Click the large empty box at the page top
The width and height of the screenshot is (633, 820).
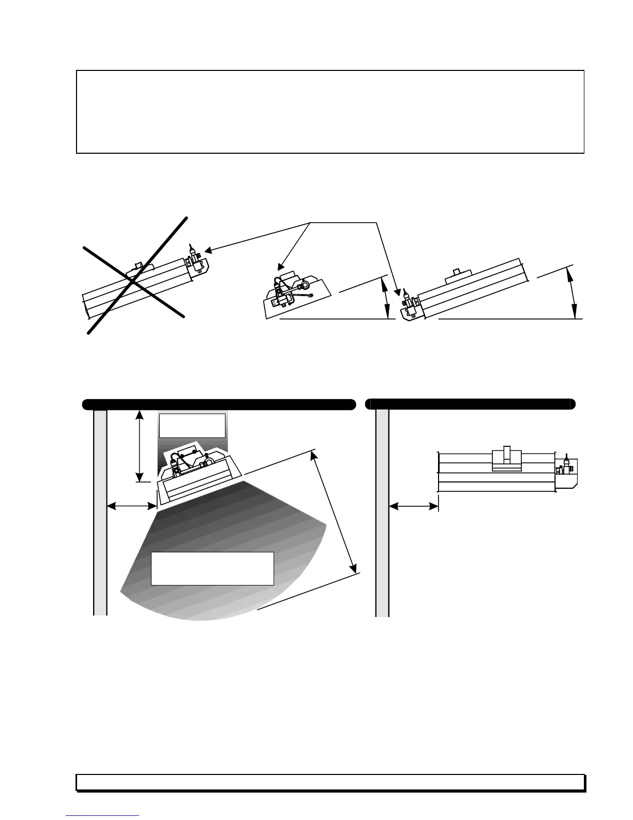click(x=330, y=112)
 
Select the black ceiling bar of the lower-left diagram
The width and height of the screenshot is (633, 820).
click(x=219, y=404)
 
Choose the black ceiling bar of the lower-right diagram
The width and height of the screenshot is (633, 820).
click(x=471, y=404)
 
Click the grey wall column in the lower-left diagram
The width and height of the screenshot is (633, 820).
click(x=100, y=512)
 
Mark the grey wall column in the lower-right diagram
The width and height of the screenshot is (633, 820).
click(x=382, y=512)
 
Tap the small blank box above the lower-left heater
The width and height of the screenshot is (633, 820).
click(x=192, y=426)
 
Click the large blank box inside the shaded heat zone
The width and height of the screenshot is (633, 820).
click(x=212, y=568)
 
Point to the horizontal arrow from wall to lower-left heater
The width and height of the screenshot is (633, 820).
click(x=132, y=506)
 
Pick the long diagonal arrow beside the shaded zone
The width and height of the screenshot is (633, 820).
click(x=334, y=512)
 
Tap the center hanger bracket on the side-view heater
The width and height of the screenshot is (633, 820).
click(x=507, y=458)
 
